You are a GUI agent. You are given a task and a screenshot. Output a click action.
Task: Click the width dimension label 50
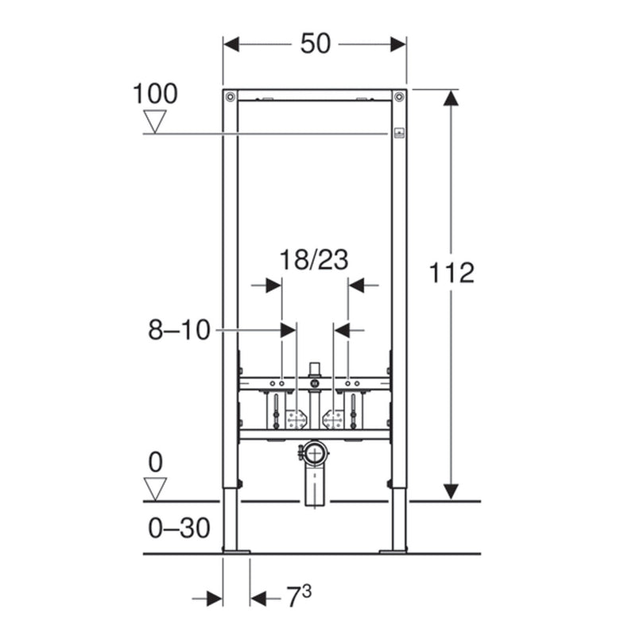315,44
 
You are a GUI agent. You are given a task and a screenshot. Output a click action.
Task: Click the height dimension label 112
452,273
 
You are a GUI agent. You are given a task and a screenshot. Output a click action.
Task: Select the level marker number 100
155,94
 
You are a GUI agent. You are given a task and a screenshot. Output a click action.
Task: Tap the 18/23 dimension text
314,260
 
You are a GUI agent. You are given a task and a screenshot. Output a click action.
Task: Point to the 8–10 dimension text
179,330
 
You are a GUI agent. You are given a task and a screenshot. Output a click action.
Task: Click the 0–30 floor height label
179,528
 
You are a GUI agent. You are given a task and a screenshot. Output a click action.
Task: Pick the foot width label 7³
300,595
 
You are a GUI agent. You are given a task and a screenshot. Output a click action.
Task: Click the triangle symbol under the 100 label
155,122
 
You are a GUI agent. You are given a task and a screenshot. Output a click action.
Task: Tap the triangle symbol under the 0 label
155,489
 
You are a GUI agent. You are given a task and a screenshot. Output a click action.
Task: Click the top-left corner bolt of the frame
231,96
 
